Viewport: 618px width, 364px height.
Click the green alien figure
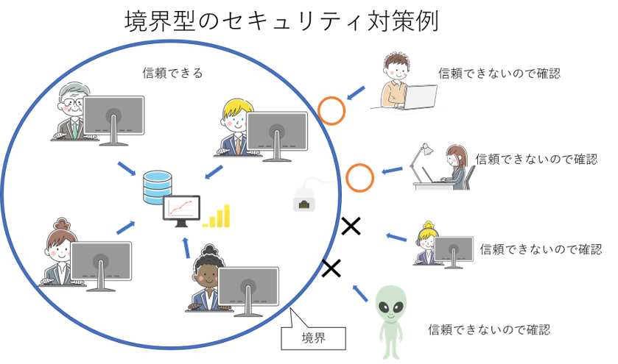(x=390, y=321)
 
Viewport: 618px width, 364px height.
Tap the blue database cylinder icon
(x=157, y=188)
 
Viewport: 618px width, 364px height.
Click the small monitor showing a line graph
(x=181, y=210)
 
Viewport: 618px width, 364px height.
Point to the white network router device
(x=304, y=199)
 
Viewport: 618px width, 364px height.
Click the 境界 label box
(x=313, y=338)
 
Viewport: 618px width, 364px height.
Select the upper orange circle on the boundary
(x=331, y=110)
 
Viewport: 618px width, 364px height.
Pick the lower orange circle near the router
(x=360, y=178)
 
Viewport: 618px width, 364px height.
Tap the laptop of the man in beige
(x=417, y=97)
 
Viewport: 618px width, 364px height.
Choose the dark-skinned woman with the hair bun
(x=208, y=278)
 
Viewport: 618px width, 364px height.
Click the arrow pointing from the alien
(x=360, y=293)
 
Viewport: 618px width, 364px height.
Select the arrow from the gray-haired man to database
(x=127, y=168)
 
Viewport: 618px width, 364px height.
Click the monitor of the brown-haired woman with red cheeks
(x=101, y=261)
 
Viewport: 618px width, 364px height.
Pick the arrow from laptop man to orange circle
(x=357, y=93)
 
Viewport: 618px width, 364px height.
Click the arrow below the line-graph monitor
(x=186, y=248)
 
